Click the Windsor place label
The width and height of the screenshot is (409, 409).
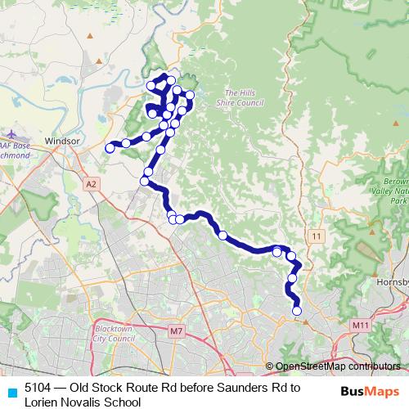(62, 141)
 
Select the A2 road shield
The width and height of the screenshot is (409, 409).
(92, 183)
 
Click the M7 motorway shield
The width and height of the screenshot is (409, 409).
(178, 330)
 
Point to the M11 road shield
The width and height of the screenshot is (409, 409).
(360, 325)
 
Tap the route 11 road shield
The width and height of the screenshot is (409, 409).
(317, 236)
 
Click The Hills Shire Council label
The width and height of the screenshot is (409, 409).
(238, 98)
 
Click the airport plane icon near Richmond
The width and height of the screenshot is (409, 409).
(11, 133)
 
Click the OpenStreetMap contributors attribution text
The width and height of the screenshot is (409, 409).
(336, 366)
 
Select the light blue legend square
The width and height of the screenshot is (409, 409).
(11, 392)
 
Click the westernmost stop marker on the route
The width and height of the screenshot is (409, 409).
(110, 148)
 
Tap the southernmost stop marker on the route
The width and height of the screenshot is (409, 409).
(297, 310)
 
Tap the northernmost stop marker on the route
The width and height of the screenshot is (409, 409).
(170, 80)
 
